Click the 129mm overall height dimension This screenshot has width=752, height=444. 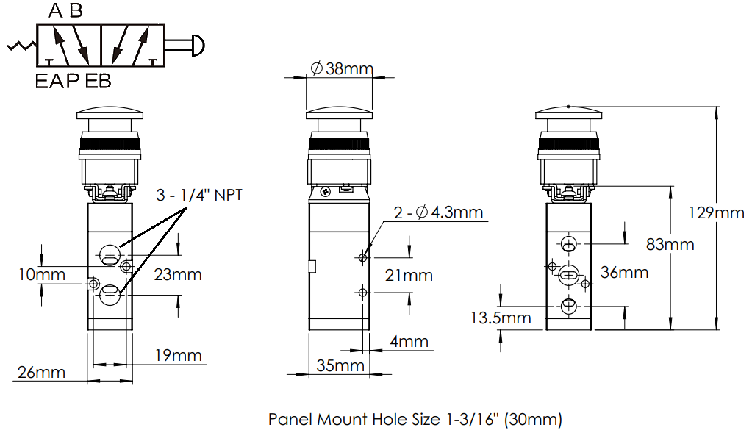click(x=717, y=213)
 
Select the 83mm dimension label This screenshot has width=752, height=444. click(x=670, y=244)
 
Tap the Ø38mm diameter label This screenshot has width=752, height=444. click(x=342, y=69)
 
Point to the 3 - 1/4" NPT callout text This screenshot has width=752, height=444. click(x=198, y=196)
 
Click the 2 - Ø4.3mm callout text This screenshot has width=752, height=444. click(x=437, y=213)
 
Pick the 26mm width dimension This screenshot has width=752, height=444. click(x=40, y=373)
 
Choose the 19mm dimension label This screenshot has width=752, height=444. click(x=178, y=356)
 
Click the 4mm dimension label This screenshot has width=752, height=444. click(x=409, y=342)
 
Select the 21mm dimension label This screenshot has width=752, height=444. click(x=408, y=276)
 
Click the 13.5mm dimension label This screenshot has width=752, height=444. click(x=501, y=318)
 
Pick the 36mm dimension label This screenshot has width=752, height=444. click(x=624, y=273)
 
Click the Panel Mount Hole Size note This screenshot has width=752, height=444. click(x=415, y=420)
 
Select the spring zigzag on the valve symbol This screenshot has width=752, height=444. click(x=22, y=46)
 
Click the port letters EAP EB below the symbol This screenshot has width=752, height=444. click(x=73, y=81)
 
